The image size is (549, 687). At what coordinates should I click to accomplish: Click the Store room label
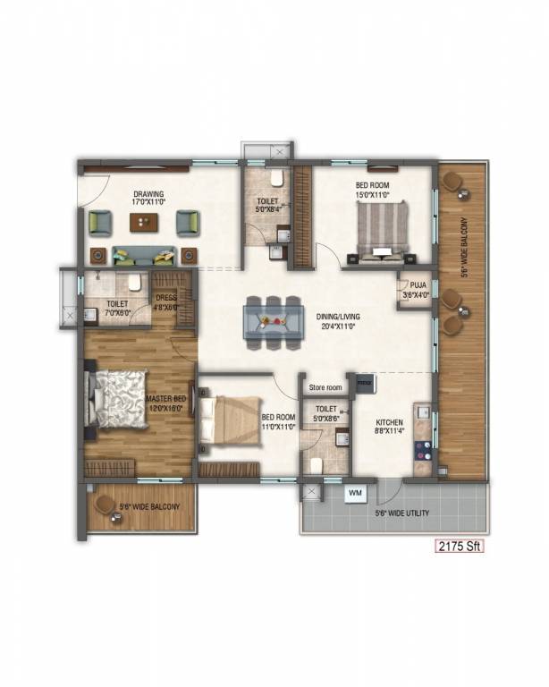coord(325,387)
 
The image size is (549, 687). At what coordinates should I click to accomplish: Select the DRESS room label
coord(166,299)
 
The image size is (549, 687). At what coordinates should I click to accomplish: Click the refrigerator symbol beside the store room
coord(365,383)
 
